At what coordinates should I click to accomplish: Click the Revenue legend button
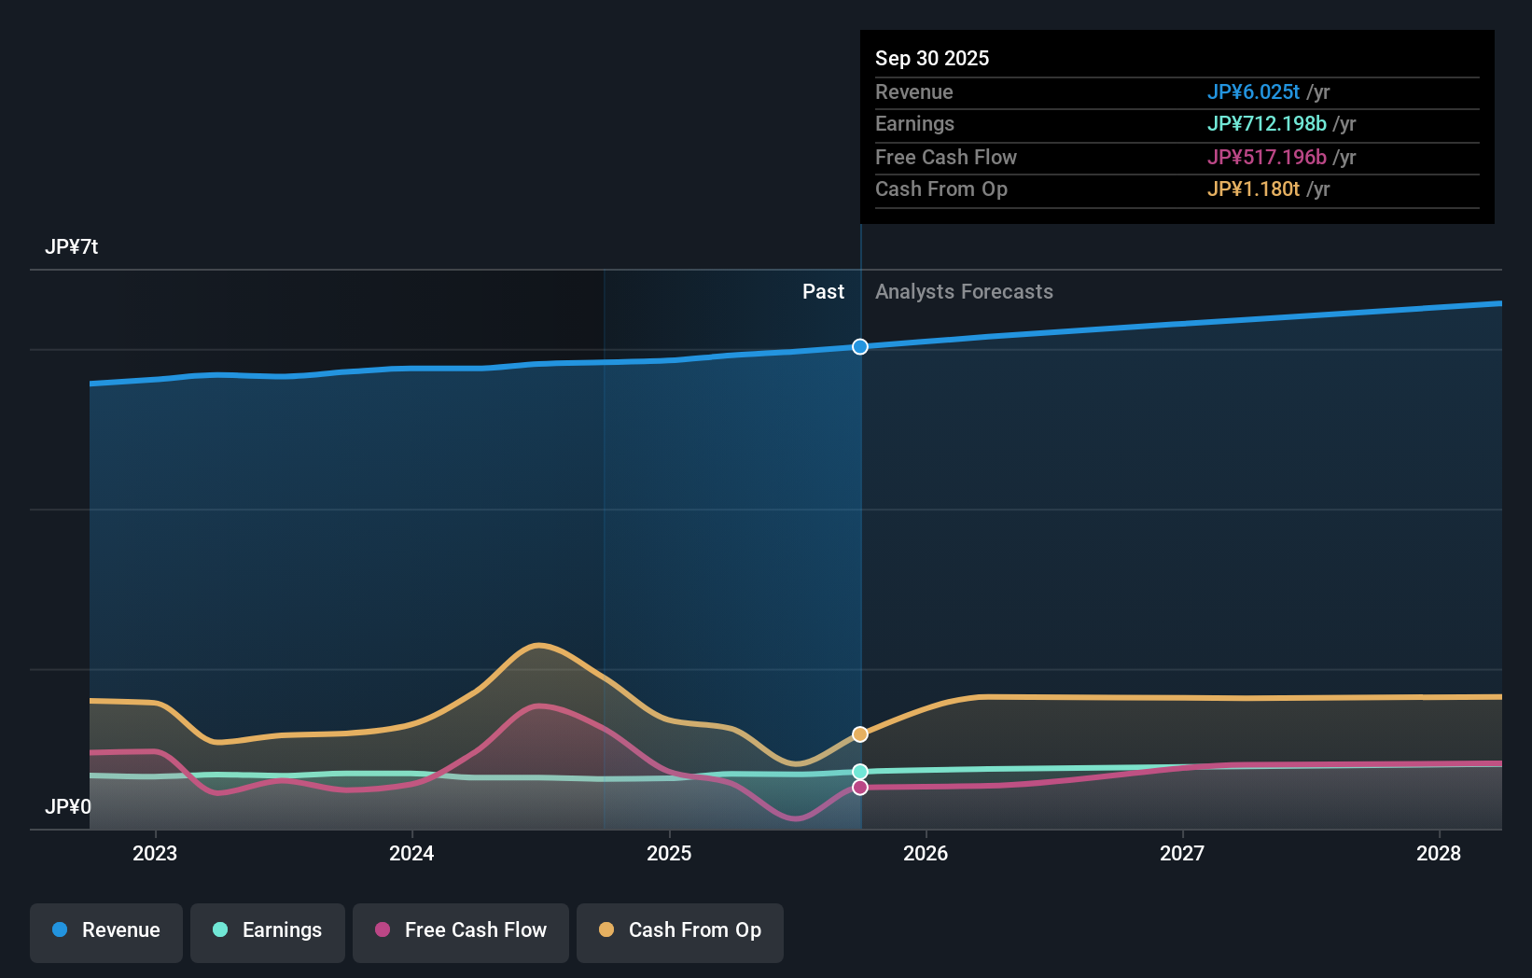click(x=106, y=931)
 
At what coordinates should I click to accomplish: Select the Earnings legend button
click(x=268, y=931)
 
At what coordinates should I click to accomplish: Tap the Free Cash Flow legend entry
click(x=461, y=931)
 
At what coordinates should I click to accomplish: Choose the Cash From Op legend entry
click(x=680, y=931)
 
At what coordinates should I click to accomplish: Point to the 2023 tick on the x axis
click(x=155, y=853)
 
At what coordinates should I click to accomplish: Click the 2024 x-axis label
click(x=411, y=853)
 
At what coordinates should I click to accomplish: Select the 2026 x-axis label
click(x=926, y=853)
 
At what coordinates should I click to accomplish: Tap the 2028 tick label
click(x=1439, y=853)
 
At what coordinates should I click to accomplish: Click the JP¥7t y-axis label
click(x=71, y=247)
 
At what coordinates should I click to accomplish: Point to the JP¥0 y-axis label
click(x=67, y=806)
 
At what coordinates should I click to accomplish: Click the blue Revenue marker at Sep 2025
click(x=860, y=346)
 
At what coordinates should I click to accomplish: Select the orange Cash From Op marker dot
click(x=860, y=734)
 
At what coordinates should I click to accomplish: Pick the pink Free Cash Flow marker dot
click(x=860, y=788)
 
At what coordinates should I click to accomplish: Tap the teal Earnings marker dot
click(x=860, y=772)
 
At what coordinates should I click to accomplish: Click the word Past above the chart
click(x=823, y=292)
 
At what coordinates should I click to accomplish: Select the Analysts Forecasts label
click(x=964, y=292)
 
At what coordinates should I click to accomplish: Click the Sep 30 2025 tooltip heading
click(x=932, y=58)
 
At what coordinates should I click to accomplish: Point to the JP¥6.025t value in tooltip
click(x=1253, y=92)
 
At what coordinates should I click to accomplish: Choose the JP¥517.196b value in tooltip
click(x=1266, y=158)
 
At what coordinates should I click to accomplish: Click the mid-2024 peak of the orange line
click(x=539, y=645)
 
